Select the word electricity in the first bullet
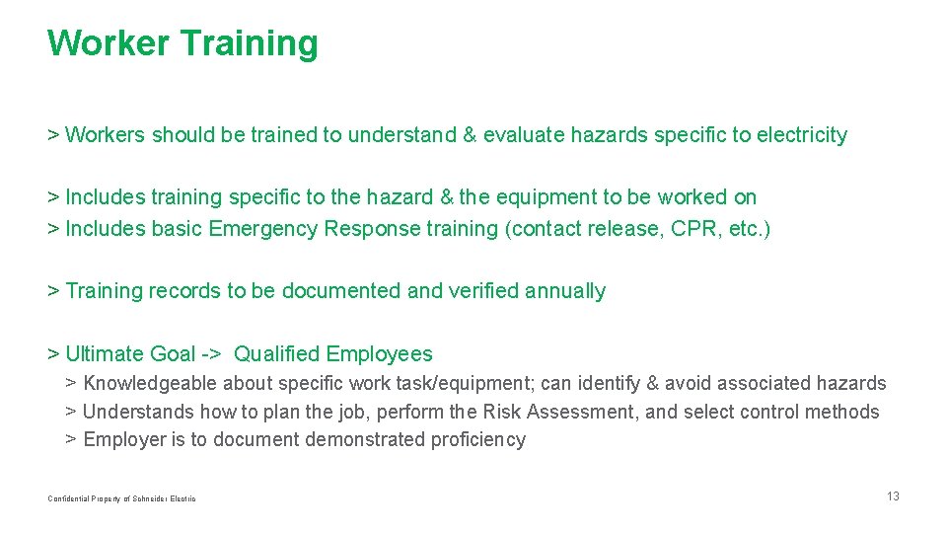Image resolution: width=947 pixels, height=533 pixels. (802, 135)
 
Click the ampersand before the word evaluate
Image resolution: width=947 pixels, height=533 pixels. (469, 135)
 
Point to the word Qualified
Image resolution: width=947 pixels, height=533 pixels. (276, 354)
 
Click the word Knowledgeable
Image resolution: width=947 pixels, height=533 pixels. (151, 383)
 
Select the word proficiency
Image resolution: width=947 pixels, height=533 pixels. (478, 440)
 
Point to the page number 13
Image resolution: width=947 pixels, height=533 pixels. (893, 496)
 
